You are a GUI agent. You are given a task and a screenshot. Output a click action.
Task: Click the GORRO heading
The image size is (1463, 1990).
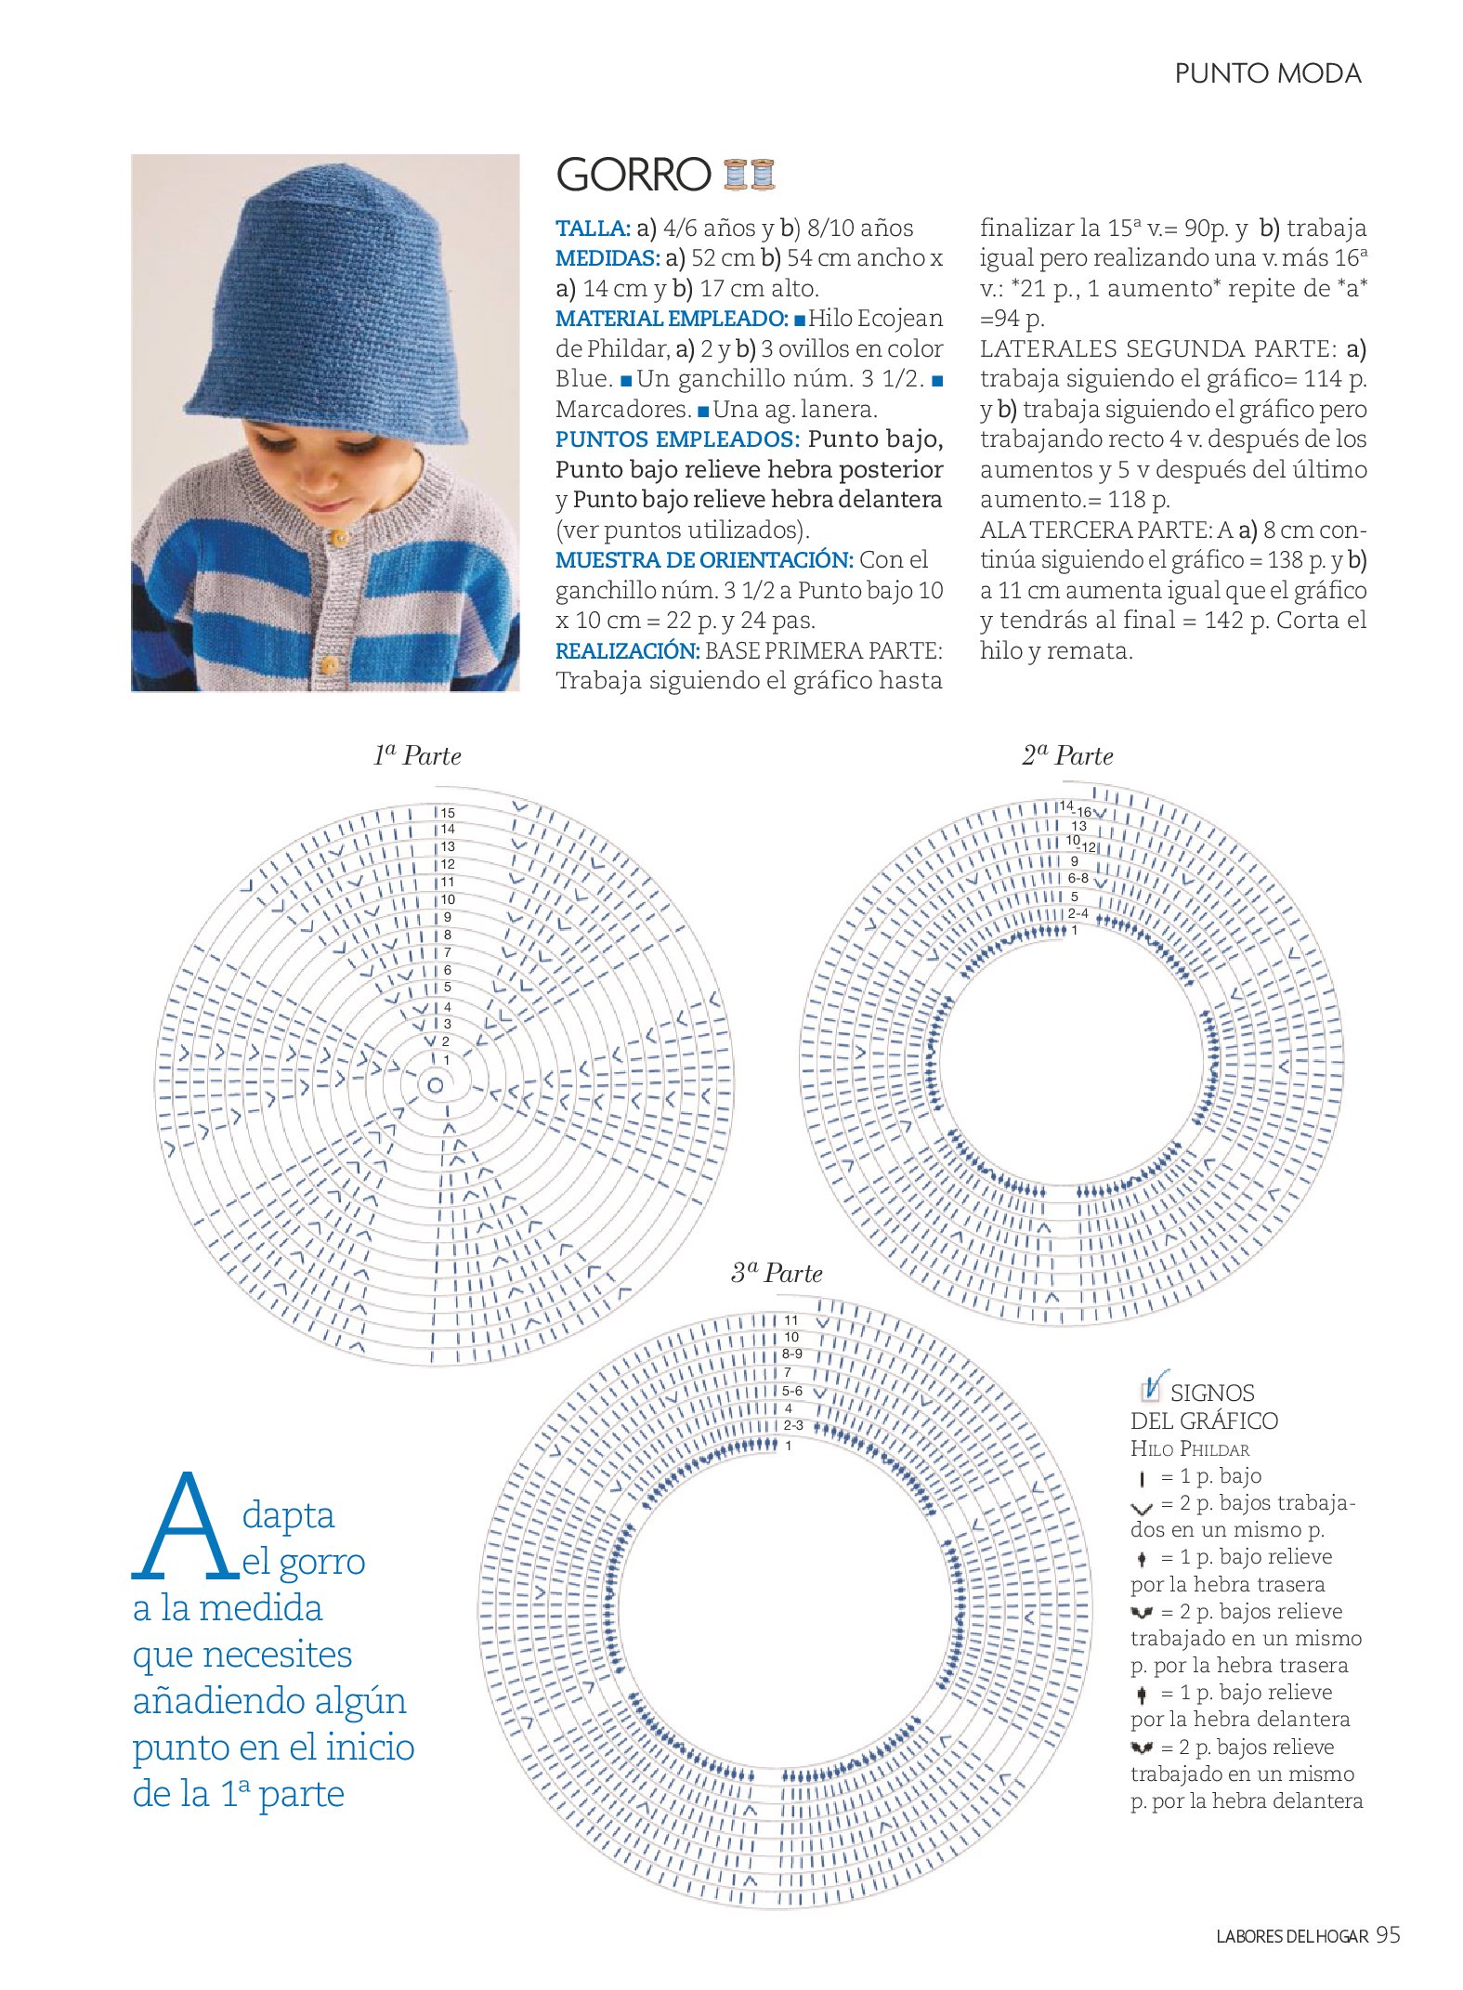click(633, 175)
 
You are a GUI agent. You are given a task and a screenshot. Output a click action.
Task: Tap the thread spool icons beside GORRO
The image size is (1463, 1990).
click(749, 175)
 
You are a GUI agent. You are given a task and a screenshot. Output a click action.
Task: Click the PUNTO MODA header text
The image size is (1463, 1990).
click(1267, 74)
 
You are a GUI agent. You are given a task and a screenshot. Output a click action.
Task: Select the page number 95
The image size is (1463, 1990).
click(1388, 1934)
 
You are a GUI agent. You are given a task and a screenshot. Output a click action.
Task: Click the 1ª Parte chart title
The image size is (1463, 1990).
click(417, 755)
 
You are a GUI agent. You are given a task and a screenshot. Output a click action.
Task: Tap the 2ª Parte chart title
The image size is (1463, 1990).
click(1067, 755)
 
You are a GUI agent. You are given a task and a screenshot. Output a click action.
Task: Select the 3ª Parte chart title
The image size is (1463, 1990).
click(777, 1273)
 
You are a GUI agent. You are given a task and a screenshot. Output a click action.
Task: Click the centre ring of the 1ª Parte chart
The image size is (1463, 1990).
click(435, 1084)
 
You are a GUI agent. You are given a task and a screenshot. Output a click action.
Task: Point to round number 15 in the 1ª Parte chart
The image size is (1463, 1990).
click(448, 813)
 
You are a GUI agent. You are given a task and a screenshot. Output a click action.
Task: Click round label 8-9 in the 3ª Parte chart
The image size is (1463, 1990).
click(791, 1354)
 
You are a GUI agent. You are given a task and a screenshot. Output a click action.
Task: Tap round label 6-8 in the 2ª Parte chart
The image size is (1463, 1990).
click(1078, 878)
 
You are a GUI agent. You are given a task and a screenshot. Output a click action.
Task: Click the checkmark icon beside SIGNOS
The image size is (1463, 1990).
click(1152, 1387)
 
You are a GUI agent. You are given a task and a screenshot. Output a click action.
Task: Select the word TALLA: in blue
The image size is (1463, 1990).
click(593, 229)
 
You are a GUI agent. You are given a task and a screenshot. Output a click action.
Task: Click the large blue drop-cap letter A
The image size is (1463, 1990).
click(185, 1528)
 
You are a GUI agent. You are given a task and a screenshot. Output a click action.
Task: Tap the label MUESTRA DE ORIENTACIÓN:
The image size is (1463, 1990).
click(703, 560)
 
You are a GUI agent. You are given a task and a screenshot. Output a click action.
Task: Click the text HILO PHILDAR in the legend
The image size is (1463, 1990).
click(1189, 1448)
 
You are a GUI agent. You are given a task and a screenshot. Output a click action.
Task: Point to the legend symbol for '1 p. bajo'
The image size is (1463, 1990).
click(1142, 1477)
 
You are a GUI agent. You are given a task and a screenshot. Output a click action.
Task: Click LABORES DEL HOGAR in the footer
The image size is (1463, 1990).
click(1291, 1937)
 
